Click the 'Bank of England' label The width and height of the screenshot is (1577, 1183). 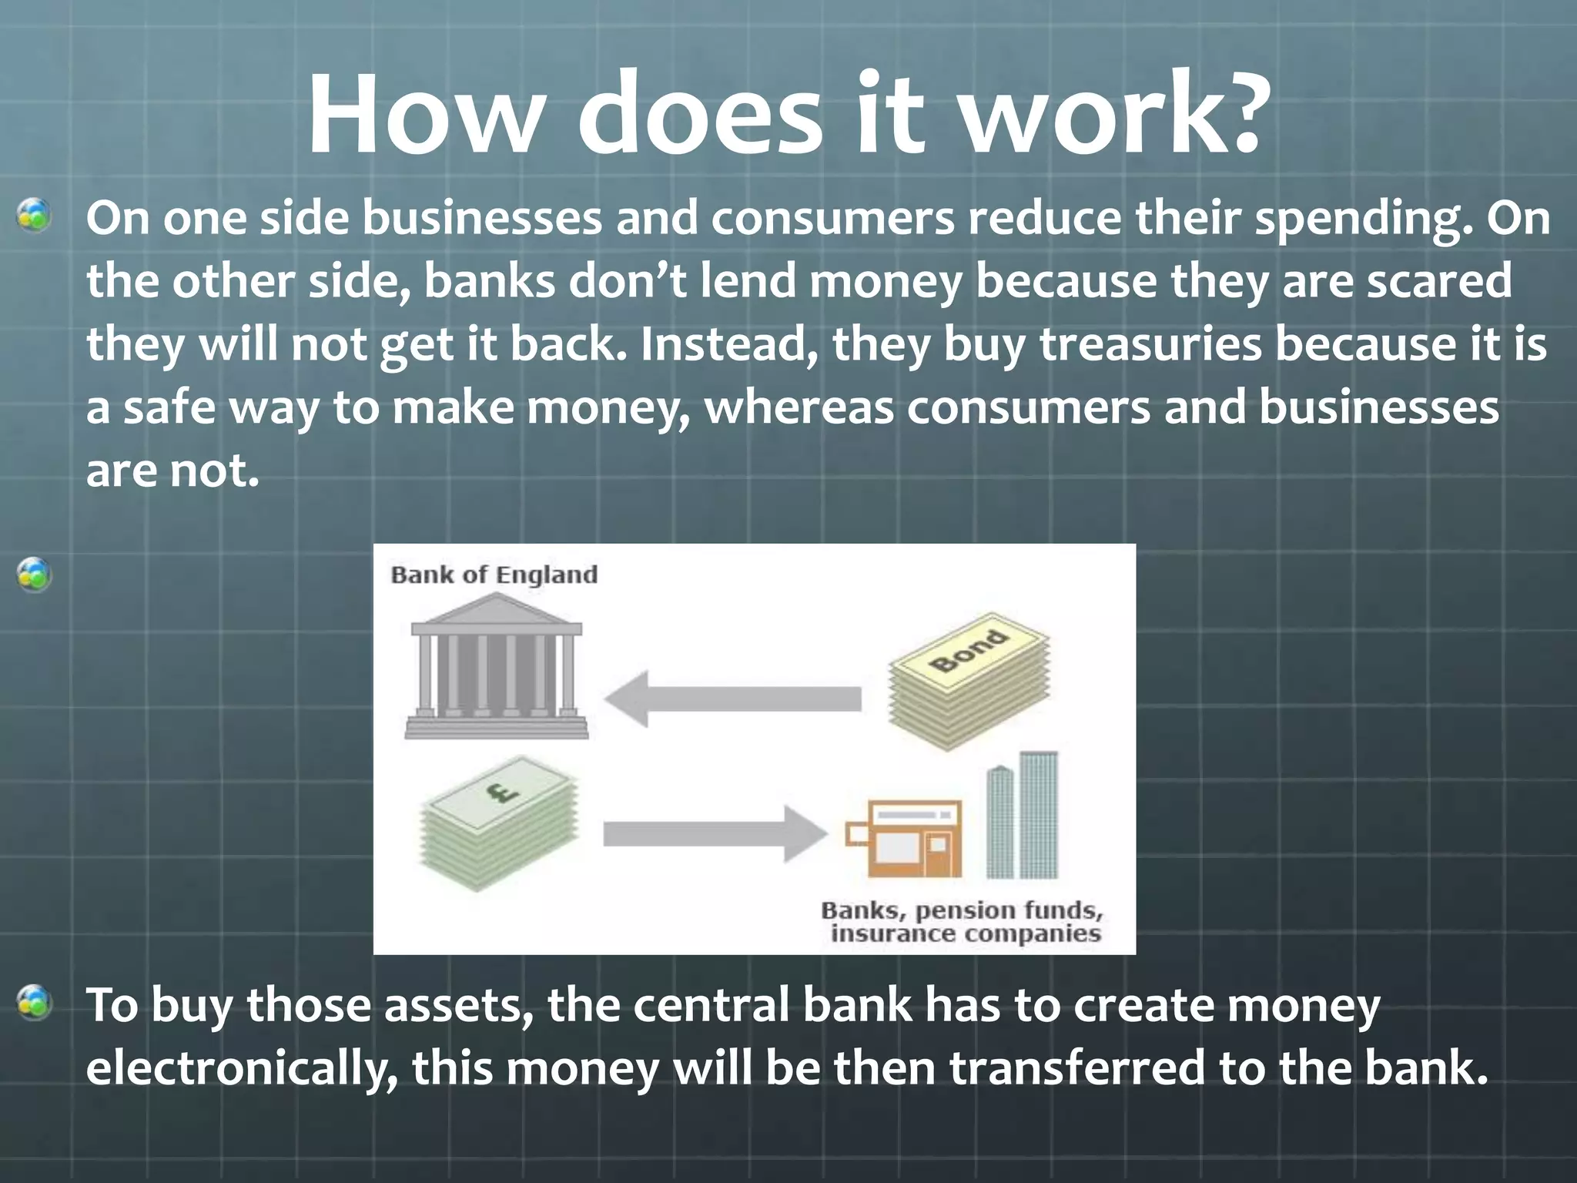pyautogui.click(x=494, y=575)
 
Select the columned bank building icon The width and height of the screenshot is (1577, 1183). pyautogui.click(x=496, y=667)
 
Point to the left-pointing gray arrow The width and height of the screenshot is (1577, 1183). pyautogui.click(x=732, y=699)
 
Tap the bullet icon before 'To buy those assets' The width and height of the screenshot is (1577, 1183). pyautogui.click(x=35, y=1003)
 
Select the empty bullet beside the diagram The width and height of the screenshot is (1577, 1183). pyautogui.click(x=35, y=575)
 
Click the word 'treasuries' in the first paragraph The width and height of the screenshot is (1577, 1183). pyautogui.click(x=1150, y=344)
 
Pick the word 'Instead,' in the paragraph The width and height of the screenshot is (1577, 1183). pyautogui.click(x=728, y=344)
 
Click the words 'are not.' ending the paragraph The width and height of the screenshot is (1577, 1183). pyautogui.click(x=172, y=471)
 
